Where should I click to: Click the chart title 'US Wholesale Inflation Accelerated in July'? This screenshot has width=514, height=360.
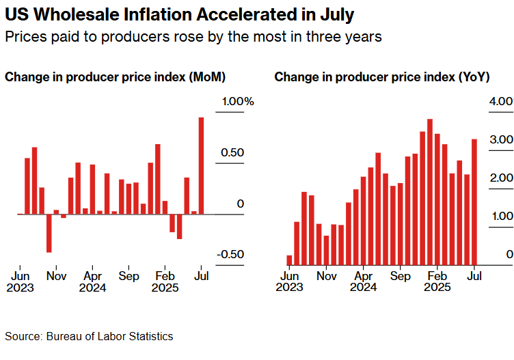[180, 14]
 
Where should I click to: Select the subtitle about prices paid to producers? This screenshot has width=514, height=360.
[193, 37]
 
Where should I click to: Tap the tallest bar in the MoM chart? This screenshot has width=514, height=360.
[202, 165]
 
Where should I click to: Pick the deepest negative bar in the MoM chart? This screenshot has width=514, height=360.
[49, 233]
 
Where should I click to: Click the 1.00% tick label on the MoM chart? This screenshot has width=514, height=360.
[236, 102]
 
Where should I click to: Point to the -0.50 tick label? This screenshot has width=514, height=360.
[231, 254]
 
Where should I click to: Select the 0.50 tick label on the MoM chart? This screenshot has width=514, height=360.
[230, 152]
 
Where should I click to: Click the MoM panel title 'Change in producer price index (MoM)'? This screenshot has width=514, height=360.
[116, 77]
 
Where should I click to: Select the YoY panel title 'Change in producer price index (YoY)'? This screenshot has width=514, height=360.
[381, 77]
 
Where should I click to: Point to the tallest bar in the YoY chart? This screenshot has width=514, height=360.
[430, 191]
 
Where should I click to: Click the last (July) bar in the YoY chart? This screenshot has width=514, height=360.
[474, 202]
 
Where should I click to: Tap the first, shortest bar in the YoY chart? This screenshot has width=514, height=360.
[290, 260]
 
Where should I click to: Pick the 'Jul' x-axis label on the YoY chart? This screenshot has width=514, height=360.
[474, 277]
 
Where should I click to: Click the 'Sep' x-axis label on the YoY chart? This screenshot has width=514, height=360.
[401, 277]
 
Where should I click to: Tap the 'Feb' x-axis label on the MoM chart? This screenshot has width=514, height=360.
[165, 277]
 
